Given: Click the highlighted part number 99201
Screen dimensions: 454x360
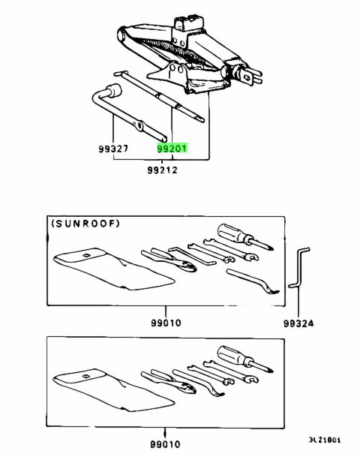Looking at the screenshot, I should point(172,149).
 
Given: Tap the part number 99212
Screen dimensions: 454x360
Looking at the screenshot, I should point(163,171).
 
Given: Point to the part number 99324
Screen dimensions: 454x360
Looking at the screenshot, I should point(298,324).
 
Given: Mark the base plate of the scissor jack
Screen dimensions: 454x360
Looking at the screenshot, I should point(169,76).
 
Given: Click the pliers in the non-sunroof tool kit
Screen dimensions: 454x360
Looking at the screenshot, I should point(169,379).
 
